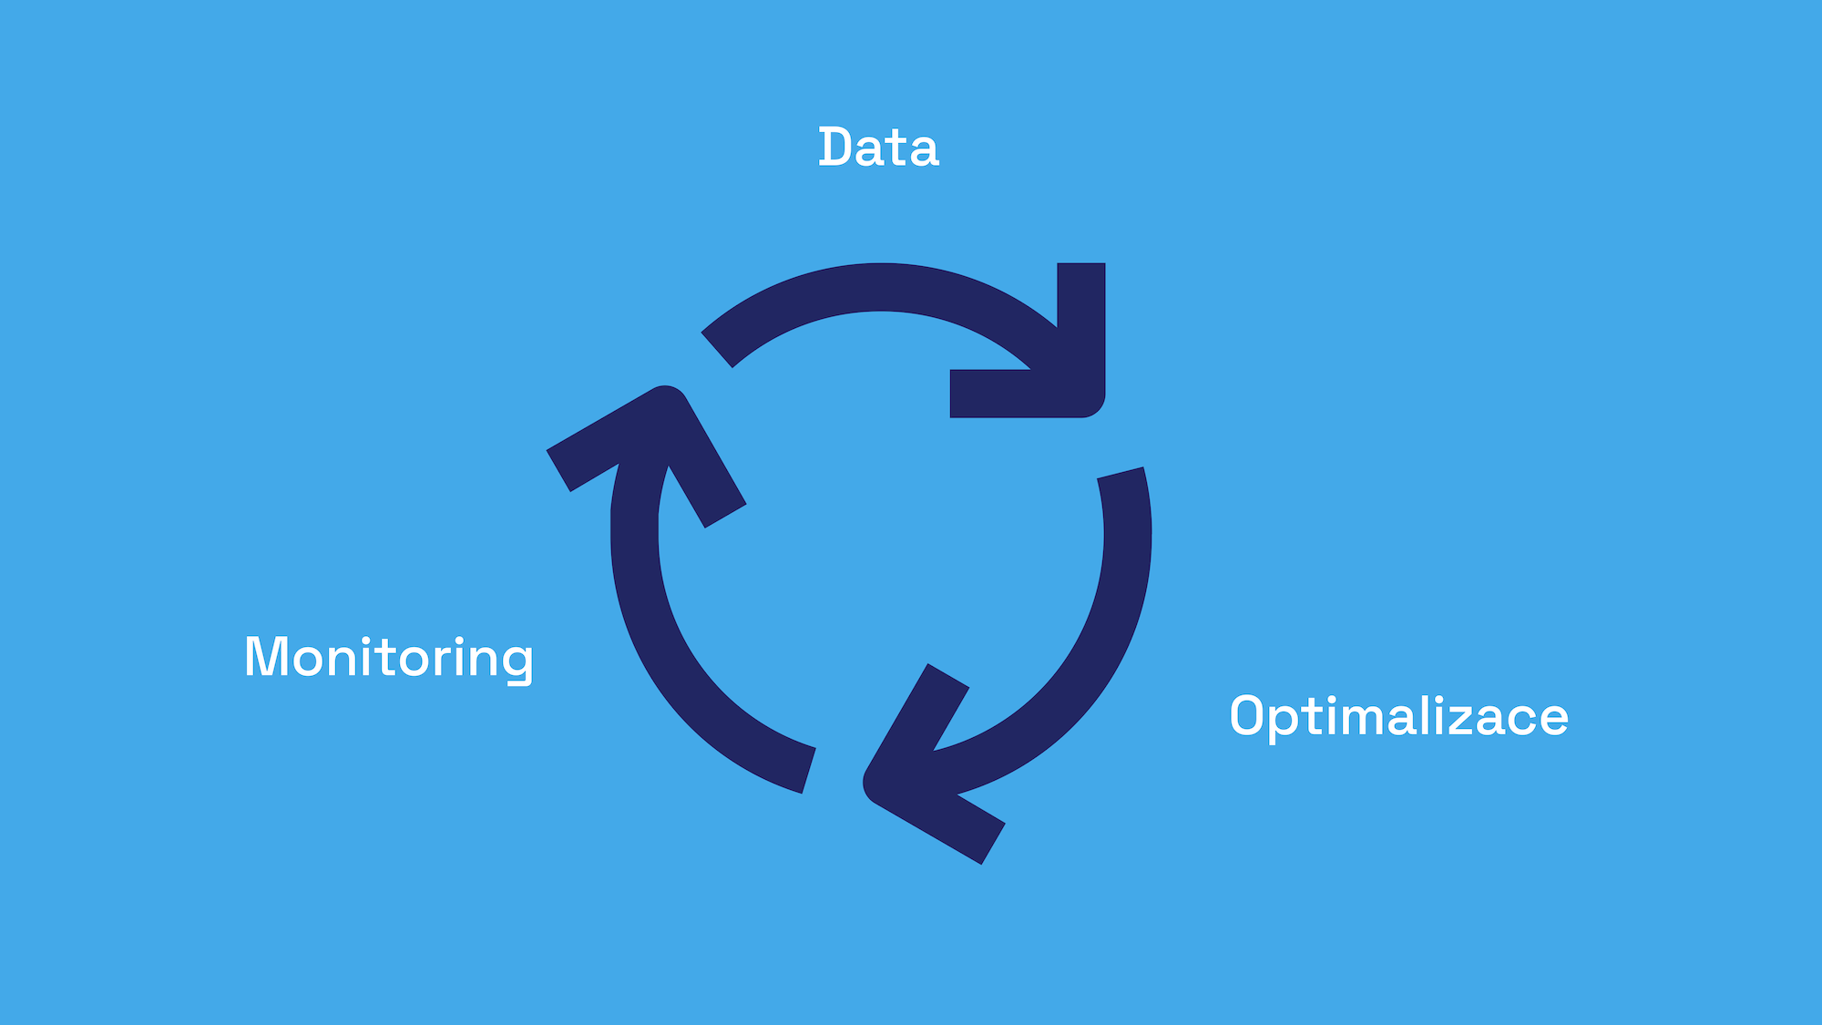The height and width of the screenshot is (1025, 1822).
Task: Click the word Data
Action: pyautogui.click(x=878, y=148)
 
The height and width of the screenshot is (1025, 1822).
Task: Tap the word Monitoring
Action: pyautogui.click(x=389, y=657)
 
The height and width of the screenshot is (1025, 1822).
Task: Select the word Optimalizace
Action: pyautogui.click(x=1398, y=716)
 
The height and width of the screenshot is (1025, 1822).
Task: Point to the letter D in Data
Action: pyautogui.click(x=835, y=148)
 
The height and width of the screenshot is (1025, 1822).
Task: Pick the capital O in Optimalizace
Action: pyautogui.click(x=1248, y=716)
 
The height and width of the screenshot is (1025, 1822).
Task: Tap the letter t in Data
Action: pyautogui.click(x=897, y=149)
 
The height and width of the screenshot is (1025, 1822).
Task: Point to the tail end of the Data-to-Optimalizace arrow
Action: pyautogui.click(x=717, y=349)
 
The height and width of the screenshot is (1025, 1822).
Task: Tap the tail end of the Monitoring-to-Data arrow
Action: pyautogui.click(x=808, y=770)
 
